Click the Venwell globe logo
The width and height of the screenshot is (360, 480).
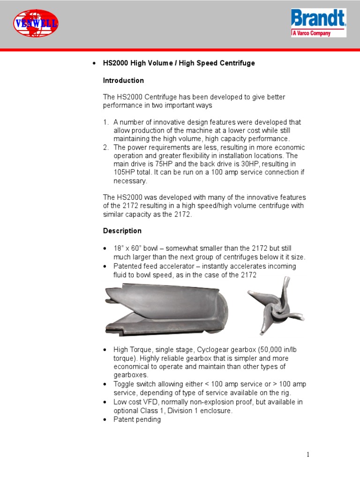(x=36, y=23)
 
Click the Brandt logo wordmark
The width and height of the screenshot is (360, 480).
(x=318, y=19)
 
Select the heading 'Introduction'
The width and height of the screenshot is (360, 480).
(x=123, y=81)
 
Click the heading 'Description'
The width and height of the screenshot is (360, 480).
(x=122, y=231)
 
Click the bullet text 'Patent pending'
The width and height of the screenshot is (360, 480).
(x=137, y=420)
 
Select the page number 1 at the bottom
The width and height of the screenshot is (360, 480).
(x=308, y=454)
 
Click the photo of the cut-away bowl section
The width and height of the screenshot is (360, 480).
(x=166, y=310)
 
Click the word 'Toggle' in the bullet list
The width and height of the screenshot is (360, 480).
(x=124, y=384)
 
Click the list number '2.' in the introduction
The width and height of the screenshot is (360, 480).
(x=106, y=147)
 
